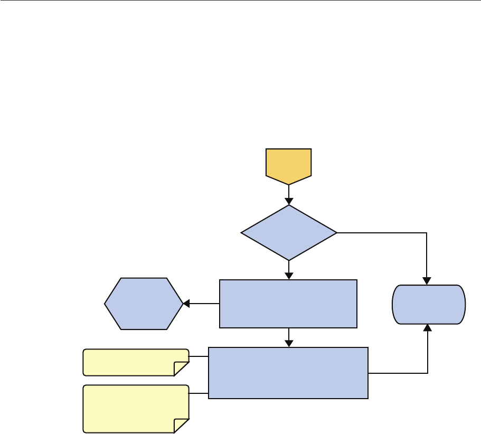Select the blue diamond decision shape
coord(289,232)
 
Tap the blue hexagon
coord(144,304)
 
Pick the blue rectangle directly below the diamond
coord(288,304)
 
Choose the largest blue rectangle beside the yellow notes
coord(288,373)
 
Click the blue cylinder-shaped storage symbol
coord(428,304)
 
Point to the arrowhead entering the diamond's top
coord(289,201)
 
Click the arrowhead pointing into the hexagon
coord(186,304)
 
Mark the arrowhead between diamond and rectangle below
coord(289,276)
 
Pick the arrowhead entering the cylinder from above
coord(427,281)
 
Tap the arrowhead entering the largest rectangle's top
coord(289,343)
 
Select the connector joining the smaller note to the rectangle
coord(199,356)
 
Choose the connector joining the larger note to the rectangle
coord(199,394)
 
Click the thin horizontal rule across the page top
coord(240,1)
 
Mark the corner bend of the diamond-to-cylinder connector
coord(427,233)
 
